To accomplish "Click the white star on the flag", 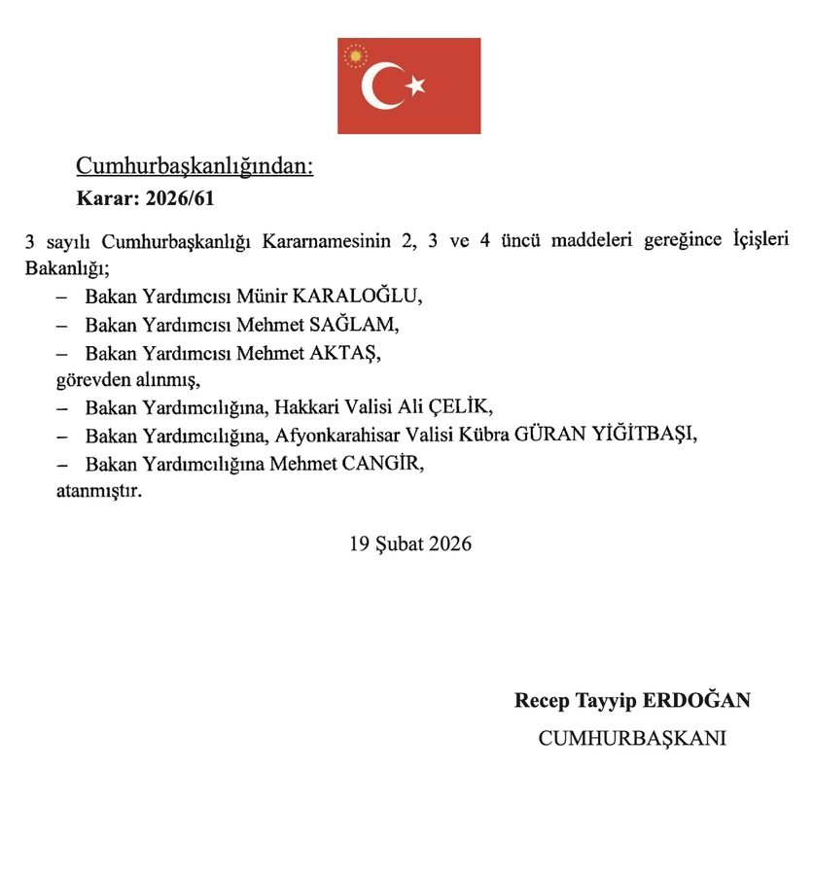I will pos(416,87).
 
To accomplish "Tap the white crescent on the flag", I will pos(380,87).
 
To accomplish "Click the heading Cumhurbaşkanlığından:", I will pos(194,166).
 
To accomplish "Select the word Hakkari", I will pos(307,406).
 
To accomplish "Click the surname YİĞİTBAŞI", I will pos(645,435).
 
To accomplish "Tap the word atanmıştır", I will pos(98,491).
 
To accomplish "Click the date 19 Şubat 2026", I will pos(410,543).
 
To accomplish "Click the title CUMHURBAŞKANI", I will pos(633,739).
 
